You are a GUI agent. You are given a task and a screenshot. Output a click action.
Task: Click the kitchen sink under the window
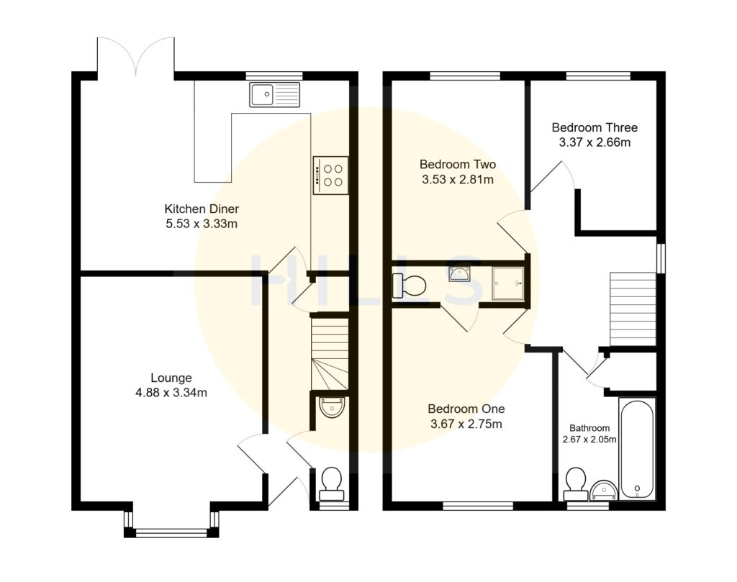tap(274, 94)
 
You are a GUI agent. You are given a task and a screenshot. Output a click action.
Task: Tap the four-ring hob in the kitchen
tap(330, 175)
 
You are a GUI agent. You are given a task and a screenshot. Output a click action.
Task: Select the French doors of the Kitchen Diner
tap(135, 58)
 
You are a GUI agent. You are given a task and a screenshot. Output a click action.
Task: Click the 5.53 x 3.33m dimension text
tap(202, 224)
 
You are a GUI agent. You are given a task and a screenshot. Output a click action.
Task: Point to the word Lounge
tap(171, 378)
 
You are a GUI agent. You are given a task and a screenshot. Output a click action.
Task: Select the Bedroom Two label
tap(458, 164)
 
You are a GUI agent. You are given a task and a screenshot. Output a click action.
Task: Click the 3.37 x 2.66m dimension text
tap(594, 142)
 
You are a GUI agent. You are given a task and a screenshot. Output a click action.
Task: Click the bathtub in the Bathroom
tap(637, 450)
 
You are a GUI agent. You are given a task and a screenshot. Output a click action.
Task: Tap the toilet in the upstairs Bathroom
tap(576, 483)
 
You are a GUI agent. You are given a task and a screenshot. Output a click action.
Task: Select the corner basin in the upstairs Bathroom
tap(604, 491)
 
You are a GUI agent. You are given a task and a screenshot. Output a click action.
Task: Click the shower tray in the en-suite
tap(507, 283)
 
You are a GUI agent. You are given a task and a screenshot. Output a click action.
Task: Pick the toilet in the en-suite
tap(409, 286)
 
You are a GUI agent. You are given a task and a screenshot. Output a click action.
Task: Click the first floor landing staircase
tap(633, 309)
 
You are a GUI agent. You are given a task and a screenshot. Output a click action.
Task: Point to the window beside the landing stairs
tap(661, 257)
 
